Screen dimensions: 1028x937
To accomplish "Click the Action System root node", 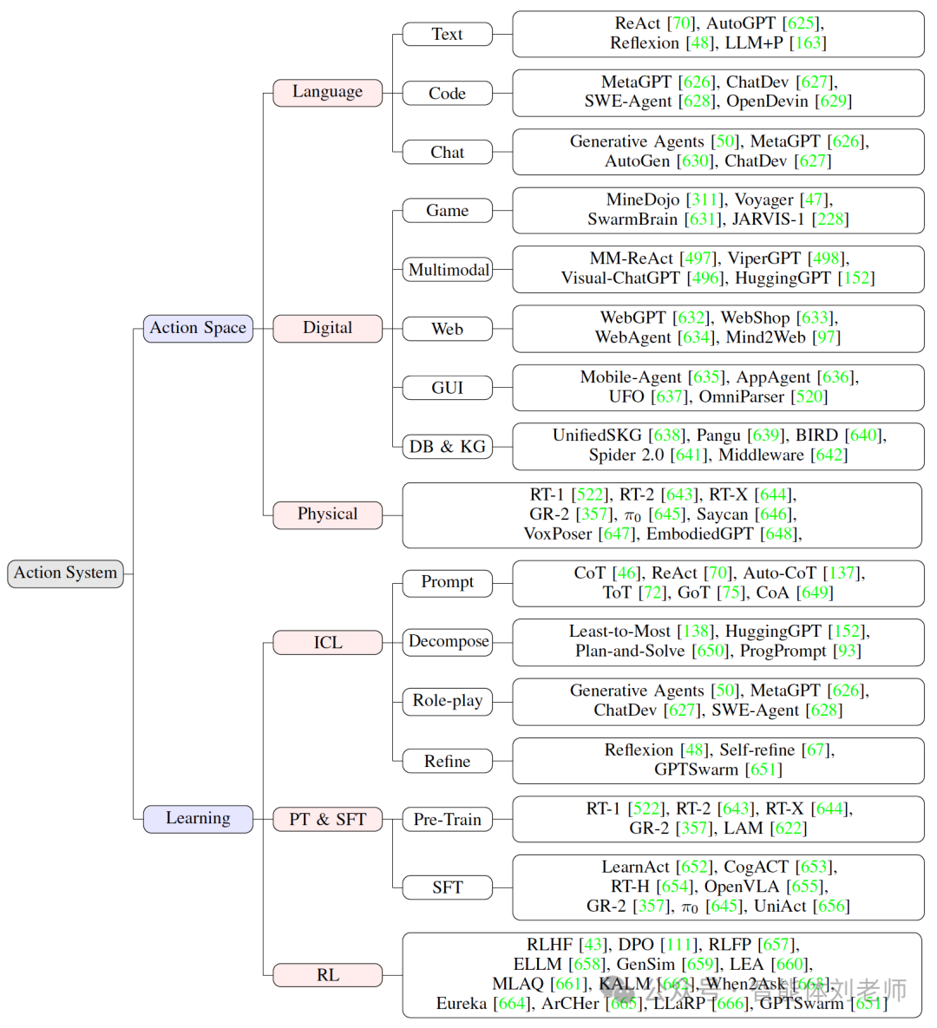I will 65,573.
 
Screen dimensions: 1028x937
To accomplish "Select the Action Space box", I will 198,328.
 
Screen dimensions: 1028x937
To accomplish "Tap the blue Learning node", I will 198,819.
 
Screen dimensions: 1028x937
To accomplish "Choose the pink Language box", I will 327,92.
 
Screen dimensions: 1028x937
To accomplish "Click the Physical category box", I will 327,514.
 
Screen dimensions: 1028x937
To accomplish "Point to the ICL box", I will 327,643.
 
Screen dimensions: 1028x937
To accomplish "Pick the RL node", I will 327,975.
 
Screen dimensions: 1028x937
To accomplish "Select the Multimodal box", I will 448,270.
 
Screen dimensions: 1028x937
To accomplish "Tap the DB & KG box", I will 448,447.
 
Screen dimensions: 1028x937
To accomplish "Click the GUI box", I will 448,388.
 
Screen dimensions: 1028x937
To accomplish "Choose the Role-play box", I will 448,701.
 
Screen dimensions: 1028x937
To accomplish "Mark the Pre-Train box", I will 448,820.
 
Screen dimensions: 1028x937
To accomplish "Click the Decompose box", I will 448,642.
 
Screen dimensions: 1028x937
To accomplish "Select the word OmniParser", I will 742,397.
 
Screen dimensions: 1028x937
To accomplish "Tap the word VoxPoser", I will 558,534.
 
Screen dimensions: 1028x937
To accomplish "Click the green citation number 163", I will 809,43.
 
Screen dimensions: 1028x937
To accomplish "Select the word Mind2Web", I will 766,337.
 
